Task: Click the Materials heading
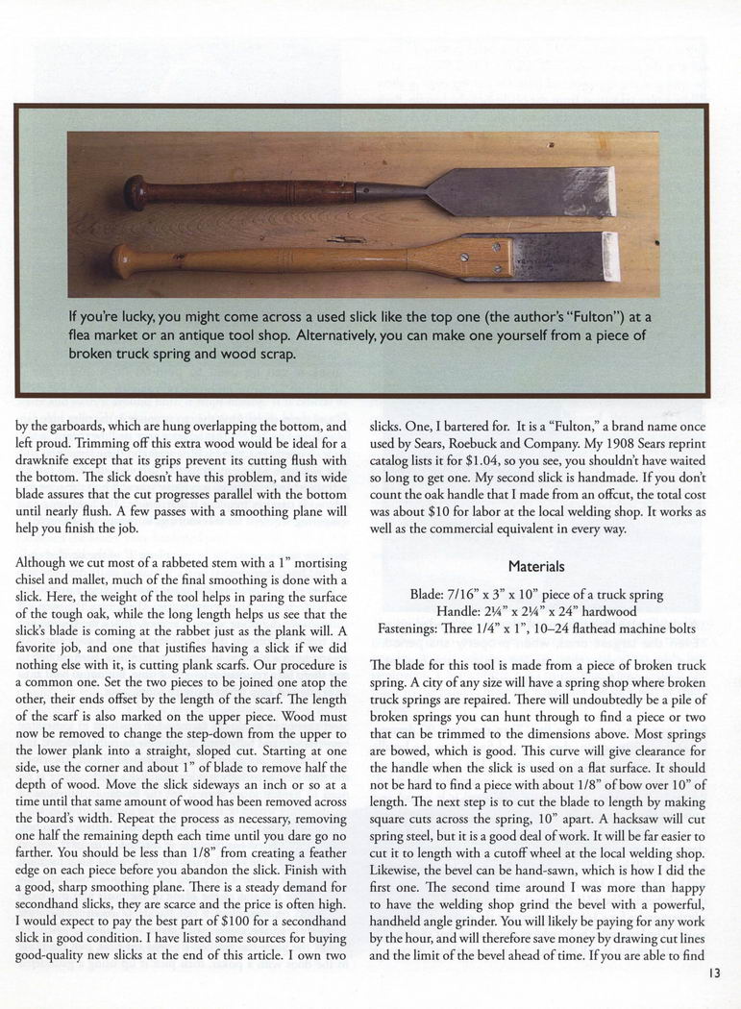click(x=537, y=567)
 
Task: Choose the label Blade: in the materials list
click(x=431, y=594)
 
